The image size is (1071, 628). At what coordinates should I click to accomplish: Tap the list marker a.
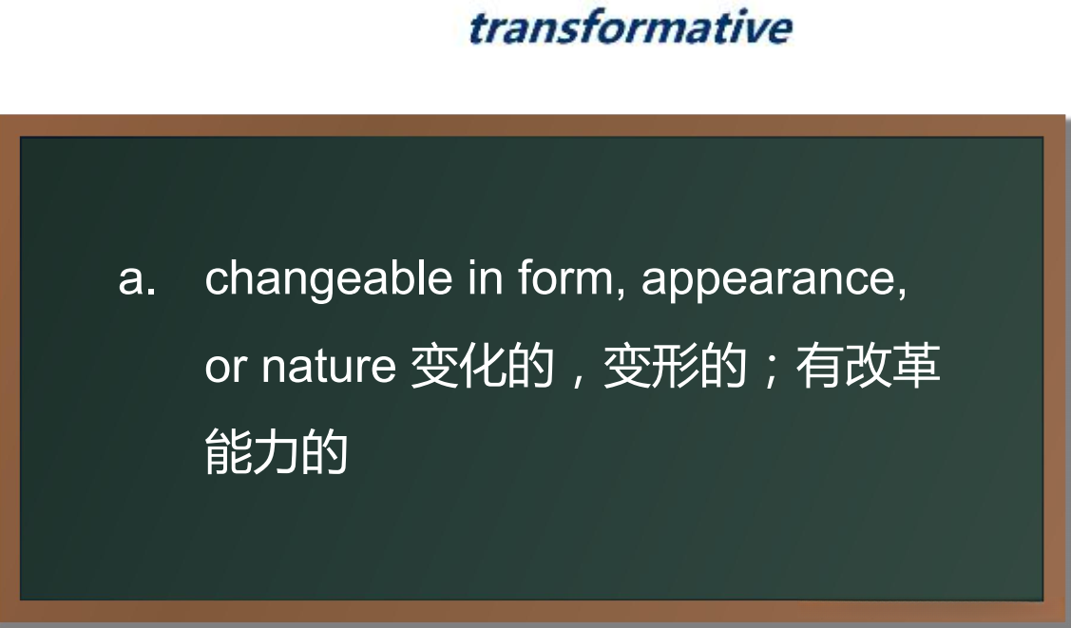[x=137, y=279]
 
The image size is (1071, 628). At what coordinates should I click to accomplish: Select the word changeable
[x=329, y=279]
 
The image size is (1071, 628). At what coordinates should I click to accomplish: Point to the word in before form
[x=486, y=277]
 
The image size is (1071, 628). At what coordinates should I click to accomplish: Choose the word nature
[x=329, y=368]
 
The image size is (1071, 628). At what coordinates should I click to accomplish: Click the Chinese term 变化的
[x=483, y=367]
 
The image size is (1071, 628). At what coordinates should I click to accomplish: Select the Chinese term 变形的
[x=676, y=367]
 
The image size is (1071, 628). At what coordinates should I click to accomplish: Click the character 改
[x=868, y=367]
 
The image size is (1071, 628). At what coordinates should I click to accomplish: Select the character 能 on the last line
[x=229, y=452]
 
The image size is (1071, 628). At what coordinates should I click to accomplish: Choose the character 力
[x=277, y=452]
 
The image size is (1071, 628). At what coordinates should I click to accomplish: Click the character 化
[x=483, y=367]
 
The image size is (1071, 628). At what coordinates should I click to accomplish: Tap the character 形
[x=676, y=367]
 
